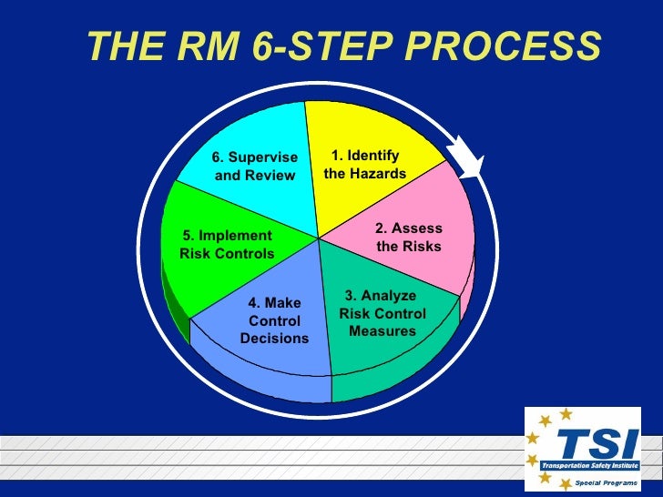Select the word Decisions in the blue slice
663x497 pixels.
coord(274,340)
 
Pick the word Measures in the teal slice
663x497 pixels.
coord(382,331)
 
